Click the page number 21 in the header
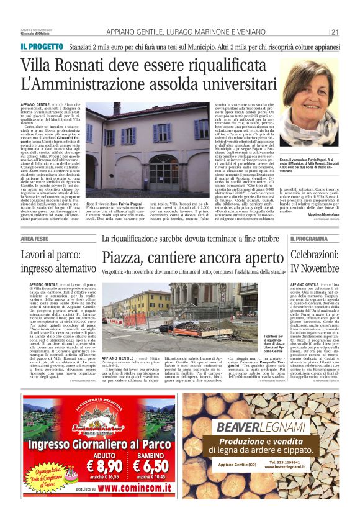pos(335,32)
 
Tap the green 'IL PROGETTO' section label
pos(42,46)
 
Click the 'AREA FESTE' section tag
pos(35,239)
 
